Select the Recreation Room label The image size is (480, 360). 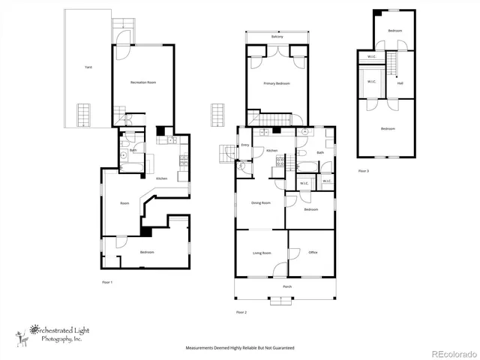click(142, 82)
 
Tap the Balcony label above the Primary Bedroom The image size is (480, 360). click(277, 37)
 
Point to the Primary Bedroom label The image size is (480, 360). click(277, 84)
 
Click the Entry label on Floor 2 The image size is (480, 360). click(244, 145)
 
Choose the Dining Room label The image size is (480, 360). click(260, 202)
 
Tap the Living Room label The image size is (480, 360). click(261, 253)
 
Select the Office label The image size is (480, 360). click(313, 253)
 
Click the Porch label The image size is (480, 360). click(286, 287)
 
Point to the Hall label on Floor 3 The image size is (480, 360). click(400, 83)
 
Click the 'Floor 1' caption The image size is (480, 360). click(107, 282)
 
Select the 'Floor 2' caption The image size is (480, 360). click(241, 311)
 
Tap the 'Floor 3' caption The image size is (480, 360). click(363, 172)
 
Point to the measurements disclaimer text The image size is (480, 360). click(240, 348)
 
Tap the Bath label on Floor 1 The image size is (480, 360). click(132, 150)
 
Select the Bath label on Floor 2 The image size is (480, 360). click(320, 152)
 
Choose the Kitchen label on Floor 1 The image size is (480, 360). click(161, 178)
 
